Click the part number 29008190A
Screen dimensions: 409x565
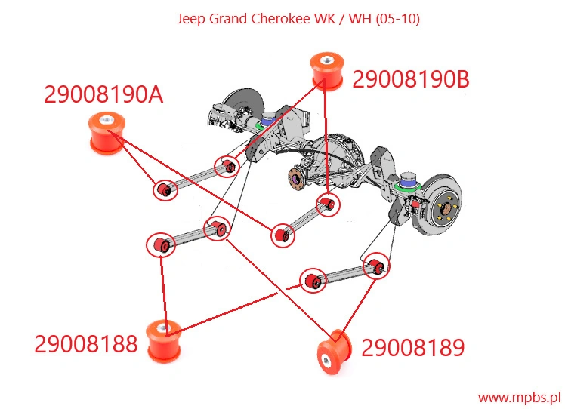pyautogui.click(x=103, y=95)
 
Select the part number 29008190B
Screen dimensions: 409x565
pyautogui.click(x=410, y=79)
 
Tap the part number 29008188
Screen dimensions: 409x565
pyautogui.click(x=86, y=344)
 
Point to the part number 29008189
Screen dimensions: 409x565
pyautogui.click(x=412, y=348)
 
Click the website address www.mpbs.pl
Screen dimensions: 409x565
pyautogui.click(x=518, y=396)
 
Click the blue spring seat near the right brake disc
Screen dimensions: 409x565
pyautogui.click(x=409, y=180)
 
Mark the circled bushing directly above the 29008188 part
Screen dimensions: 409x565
pyautogui.click(x=162, y=244)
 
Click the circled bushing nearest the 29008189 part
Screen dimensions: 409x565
pyautogui.click(x=375, y=266)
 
